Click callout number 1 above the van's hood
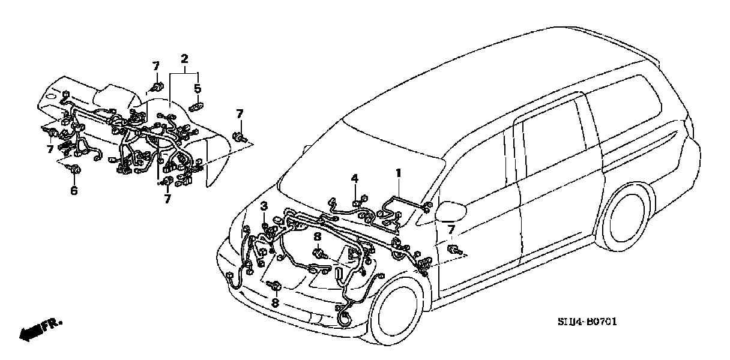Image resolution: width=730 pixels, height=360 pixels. [398, 173]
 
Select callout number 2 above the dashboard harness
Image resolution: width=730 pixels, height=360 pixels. [184, 59]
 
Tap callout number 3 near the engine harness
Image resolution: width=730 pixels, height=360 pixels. [264, 207]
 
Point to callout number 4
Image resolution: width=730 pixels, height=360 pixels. [355, 178]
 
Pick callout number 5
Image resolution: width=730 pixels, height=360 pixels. [198, 89]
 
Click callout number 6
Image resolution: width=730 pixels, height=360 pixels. [74, 191]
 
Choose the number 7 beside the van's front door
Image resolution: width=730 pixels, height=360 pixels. [451, 230]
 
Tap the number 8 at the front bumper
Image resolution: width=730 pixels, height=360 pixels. [275, 303]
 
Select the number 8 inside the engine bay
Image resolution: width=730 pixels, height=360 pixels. [316, 238]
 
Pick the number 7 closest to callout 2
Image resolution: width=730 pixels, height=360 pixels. [155, 66]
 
